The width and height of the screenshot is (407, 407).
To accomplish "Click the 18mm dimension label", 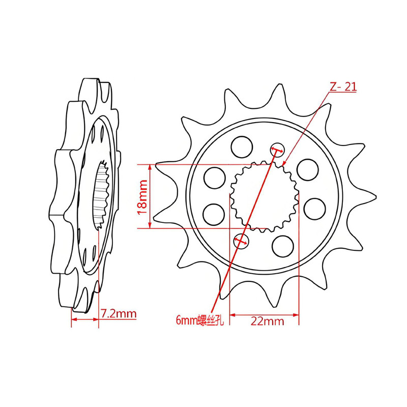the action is [142, 197].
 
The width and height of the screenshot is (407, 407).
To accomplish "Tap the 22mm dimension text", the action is [268, 322].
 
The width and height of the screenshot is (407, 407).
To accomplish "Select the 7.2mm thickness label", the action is [119, 313].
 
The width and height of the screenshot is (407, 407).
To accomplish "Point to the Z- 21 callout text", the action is [343, 86].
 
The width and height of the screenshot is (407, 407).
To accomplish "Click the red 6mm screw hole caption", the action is [199, 320].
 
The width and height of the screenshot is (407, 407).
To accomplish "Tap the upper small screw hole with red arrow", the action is [277, 150].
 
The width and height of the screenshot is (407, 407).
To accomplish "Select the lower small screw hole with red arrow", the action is [241, 241].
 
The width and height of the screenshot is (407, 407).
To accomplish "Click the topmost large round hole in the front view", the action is [242, 147].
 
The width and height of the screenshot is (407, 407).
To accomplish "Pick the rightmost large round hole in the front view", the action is [314, 209].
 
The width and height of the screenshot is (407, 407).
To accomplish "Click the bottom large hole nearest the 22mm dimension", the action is [283, 246].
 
